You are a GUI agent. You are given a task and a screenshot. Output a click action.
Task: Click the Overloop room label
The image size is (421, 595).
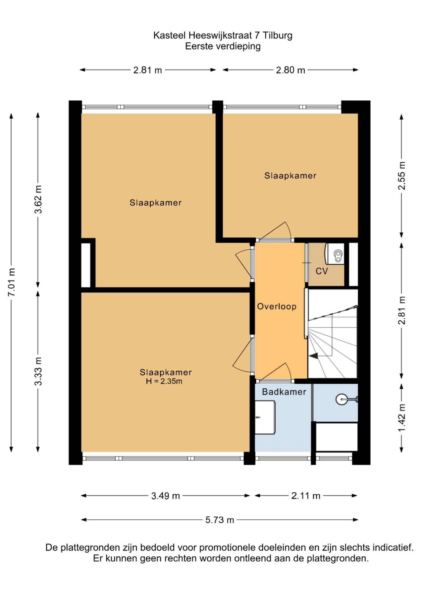click(x=277, y=306)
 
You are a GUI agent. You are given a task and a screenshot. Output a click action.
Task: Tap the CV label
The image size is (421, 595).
click(x=322, y=271)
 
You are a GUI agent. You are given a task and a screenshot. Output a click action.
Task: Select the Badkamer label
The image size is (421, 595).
click(x=284, y=392)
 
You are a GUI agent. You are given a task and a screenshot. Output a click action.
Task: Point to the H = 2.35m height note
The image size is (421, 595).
click(x=164, y=381)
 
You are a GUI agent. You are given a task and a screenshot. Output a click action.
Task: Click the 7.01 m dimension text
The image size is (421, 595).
click(x=12, y=282)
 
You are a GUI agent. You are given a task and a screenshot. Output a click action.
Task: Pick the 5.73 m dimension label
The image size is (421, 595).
click(x=220, y=520)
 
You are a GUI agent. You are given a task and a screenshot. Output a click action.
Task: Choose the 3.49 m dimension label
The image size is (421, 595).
click(x=166, y=496)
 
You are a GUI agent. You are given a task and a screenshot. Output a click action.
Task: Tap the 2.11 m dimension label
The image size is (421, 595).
click(x=306, y=496)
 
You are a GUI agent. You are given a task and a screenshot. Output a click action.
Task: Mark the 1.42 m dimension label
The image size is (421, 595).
click(x=402, y=418)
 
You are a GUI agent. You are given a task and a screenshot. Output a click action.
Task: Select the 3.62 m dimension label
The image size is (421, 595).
click(x=38, y=199)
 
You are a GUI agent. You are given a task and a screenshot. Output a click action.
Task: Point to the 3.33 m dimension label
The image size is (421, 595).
click(x=38, y=371)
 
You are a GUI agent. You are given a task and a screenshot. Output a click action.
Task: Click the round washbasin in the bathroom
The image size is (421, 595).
click(x=342, y=399)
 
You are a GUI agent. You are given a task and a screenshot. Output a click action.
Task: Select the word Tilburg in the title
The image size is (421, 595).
click(x=277, y=36)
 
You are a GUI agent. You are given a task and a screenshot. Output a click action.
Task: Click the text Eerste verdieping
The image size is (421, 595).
click(x=223, y=46)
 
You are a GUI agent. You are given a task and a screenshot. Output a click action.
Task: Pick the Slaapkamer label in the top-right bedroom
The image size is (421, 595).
click(x=290, y=175)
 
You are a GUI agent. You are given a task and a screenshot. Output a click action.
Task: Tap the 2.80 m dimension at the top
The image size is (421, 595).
click(x=290, y=70)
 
